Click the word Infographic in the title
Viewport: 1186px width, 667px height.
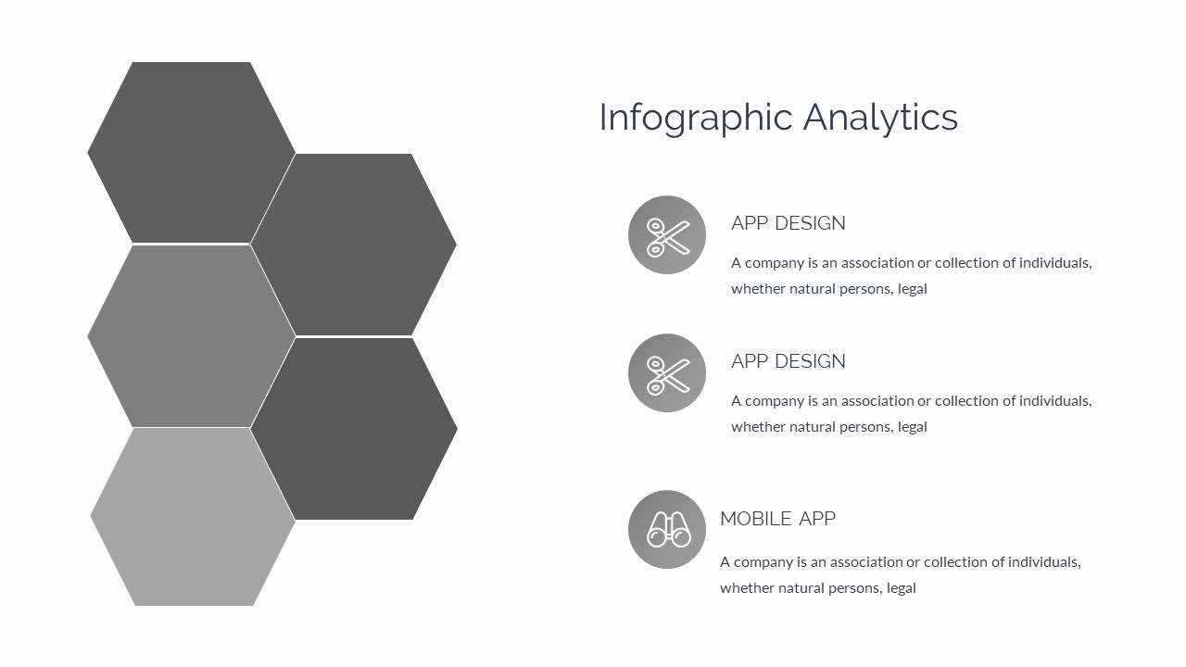(696, 119)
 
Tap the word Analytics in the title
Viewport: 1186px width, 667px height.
(880, 119)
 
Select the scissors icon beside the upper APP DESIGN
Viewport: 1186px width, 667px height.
(667, 235)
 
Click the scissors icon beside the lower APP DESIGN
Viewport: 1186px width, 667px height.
(667, 373)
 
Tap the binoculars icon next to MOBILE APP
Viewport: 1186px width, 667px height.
(667, 530)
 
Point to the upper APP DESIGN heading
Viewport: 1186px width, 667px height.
(788, 223)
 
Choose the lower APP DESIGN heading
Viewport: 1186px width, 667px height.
(788, 361)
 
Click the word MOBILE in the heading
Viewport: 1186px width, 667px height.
(755, 519)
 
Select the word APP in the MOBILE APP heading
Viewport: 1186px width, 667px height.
(817, 519)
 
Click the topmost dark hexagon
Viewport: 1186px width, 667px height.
(192, 153)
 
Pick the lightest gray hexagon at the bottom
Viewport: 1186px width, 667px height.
(193, 517)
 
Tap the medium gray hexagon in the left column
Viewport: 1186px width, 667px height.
(192, 336)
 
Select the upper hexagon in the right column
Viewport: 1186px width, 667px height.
(354, 245)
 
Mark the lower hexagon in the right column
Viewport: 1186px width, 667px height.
(354, 429)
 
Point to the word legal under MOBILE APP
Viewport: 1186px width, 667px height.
(901, 588)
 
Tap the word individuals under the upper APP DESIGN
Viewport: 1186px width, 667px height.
(1055, 263)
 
